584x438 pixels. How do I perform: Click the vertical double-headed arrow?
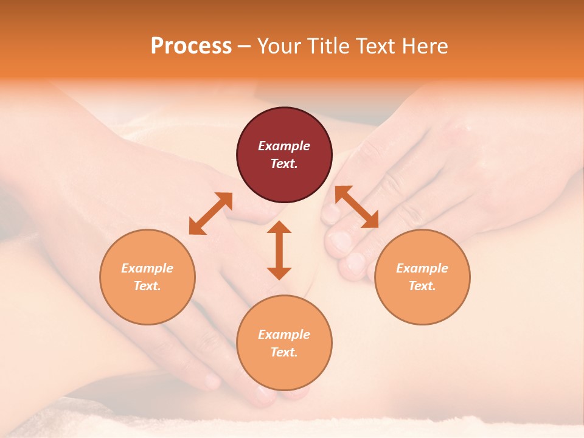coord(279,250)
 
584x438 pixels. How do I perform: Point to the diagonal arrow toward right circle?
coord(357,207)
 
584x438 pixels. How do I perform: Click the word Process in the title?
coord(191,46)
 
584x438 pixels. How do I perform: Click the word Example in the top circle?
coord(284,146)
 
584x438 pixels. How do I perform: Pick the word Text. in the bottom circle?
coord(284,352)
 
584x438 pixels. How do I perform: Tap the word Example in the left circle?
coord(147,268)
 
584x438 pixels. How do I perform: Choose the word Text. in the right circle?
coord(422,286)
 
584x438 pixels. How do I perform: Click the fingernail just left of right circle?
coord(355,263)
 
